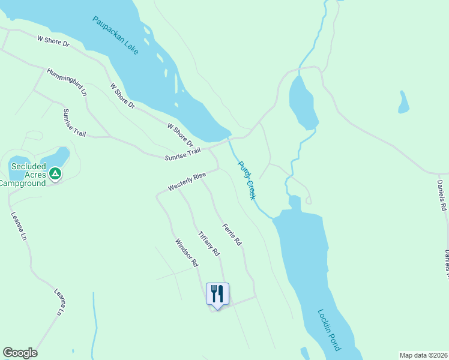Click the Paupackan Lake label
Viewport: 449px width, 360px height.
[115, 35]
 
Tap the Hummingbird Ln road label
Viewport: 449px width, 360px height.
[67, 82]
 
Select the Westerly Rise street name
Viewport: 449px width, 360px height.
[187, 181]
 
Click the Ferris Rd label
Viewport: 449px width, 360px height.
[232, 235]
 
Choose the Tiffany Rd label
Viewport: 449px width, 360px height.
[209, 244]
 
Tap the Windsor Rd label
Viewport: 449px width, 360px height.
[186, 253]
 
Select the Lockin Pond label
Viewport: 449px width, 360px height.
[329, 330]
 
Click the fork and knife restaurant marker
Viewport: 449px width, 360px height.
[217, 294]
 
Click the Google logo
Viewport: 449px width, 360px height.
[20, 353]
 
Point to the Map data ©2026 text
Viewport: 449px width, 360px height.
[423, 355]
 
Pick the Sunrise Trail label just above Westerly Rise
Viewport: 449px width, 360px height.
[182, 154]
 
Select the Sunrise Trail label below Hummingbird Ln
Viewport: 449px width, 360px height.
[74, 122]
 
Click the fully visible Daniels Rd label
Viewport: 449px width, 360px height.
[442, 197]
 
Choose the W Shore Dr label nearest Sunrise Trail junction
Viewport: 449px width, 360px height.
[180, 136]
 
